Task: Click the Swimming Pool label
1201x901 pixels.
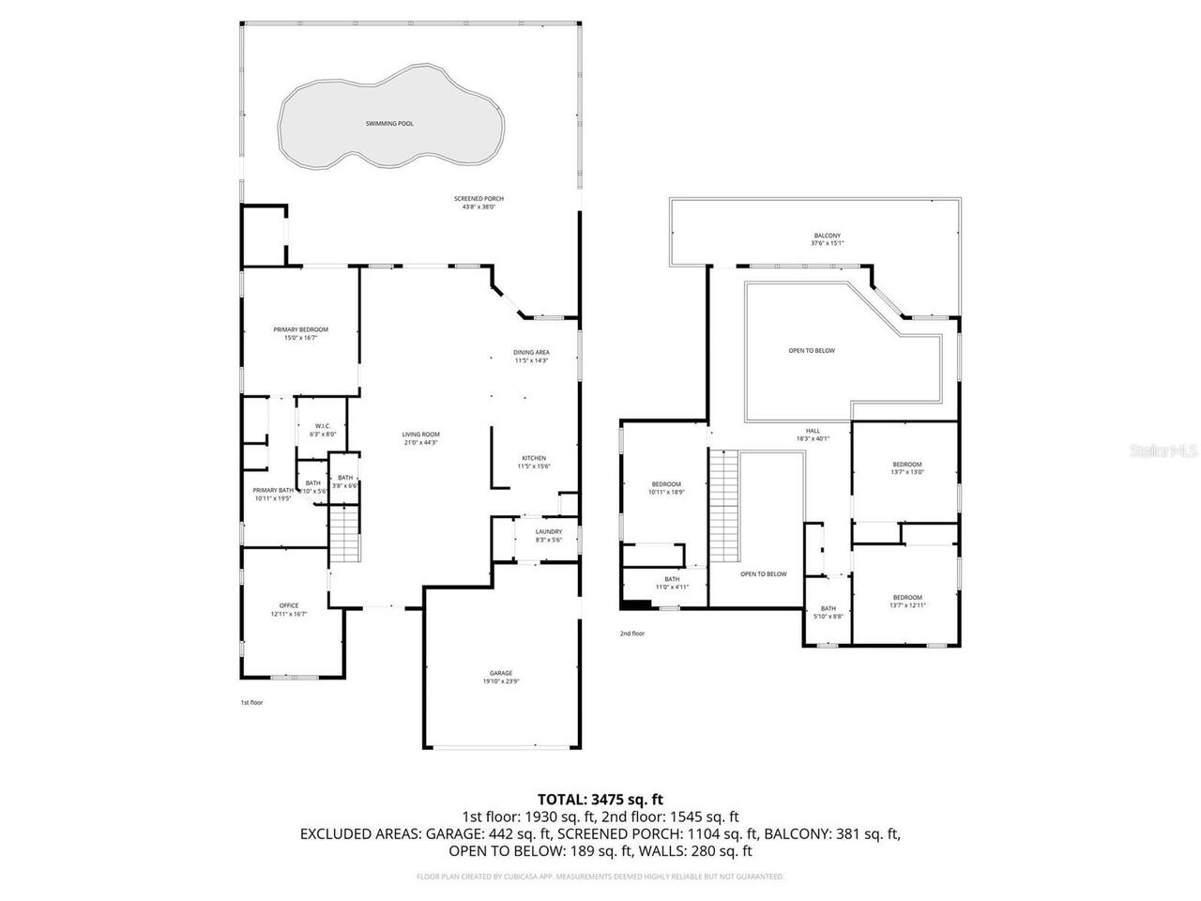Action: (389, 124)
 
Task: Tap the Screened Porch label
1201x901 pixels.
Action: (479, 202)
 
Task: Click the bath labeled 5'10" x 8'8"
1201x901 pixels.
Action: (828, 612)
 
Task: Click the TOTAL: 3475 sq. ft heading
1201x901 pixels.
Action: (600, 800)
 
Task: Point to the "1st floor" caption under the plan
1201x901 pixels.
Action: (252, 702)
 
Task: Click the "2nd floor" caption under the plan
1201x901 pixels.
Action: (631, 634)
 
